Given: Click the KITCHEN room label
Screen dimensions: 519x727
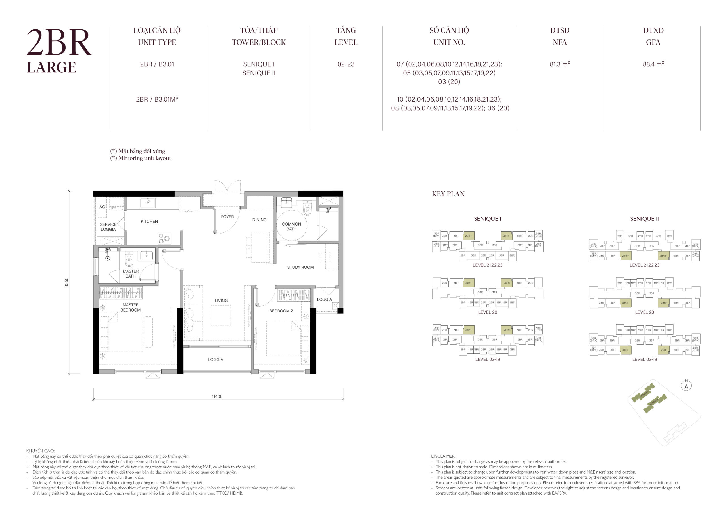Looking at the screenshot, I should [149, 221].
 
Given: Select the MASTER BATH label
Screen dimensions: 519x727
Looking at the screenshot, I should [131, 274].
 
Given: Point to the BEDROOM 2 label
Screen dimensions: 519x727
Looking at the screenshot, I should [281, 311].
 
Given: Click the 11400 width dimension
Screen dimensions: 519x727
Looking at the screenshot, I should [217, 396].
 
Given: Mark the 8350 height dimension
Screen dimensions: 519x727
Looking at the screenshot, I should [66, 282].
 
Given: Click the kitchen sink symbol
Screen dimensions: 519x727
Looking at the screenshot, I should [147, 203].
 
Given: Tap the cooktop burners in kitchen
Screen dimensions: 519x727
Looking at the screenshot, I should [164, 238].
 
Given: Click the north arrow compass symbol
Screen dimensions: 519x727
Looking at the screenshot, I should [686, 386].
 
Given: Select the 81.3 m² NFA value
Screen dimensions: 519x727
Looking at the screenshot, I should [559, 64].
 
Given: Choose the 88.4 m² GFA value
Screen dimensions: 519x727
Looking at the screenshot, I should [653, 64].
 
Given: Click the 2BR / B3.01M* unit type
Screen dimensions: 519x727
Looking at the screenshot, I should [157, 99].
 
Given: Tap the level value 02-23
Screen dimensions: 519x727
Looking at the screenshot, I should [346, 64].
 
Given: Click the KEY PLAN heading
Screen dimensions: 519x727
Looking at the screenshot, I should [448, 194].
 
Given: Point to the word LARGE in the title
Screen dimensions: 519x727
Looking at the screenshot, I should [51, 68].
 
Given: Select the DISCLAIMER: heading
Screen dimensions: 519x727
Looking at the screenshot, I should [443, 456].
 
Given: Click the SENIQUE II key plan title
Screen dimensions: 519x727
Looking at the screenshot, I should [644, 219].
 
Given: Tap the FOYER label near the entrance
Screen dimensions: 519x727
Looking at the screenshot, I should [227, 217].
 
